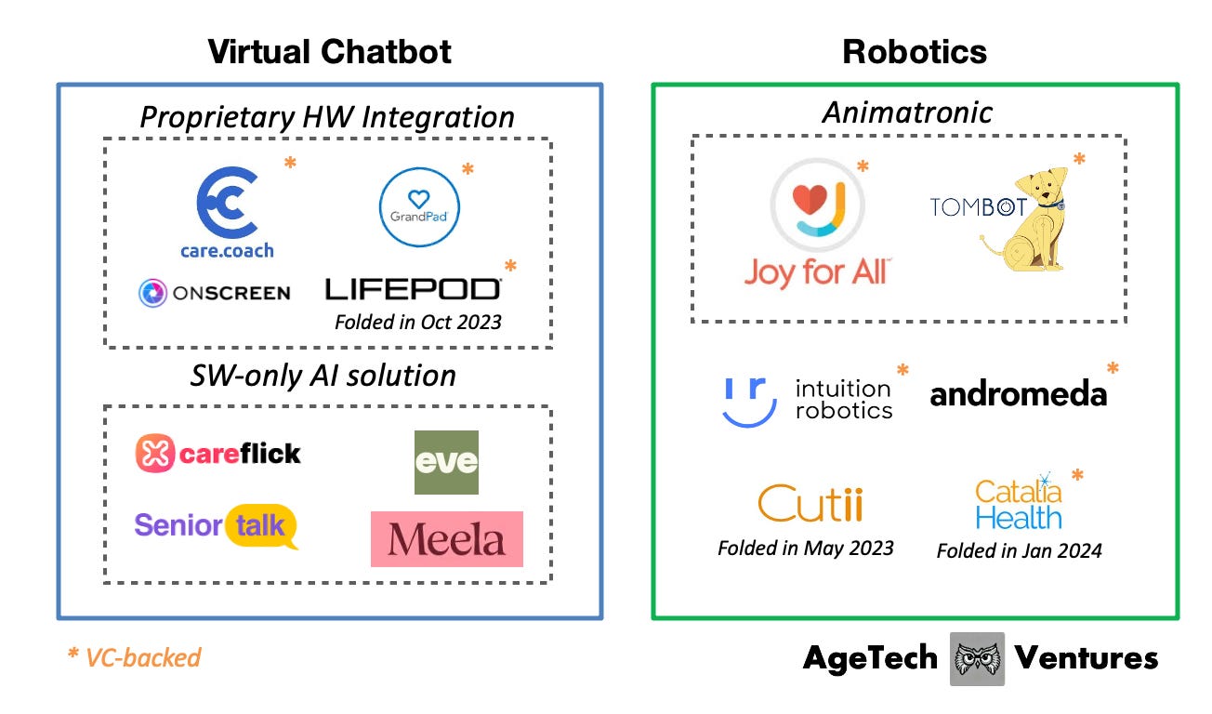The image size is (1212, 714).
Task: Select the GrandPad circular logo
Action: (x=419, y=206)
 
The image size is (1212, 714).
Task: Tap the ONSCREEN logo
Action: (x=214, y=293)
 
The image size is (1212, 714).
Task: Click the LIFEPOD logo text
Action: (x=413, y=289)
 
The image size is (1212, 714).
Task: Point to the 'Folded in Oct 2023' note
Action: (x=417, y=323)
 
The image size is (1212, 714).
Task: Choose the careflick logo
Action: (x=218, y=454)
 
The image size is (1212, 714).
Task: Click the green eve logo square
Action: (x=446, y=462)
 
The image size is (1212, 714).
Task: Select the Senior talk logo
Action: (x=217, y=526)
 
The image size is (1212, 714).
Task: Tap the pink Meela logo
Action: (x=446, y=539)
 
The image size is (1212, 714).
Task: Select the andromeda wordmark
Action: (x=1019, y=394)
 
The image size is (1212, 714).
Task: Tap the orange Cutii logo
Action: (x=810, y=503)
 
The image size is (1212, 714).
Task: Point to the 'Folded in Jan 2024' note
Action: (x=1019, y=550)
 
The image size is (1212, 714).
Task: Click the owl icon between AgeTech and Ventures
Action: (x=977, y=659)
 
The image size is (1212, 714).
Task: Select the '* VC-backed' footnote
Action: (x=134, y=658)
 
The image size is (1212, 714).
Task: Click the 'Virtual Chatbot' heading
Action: (x=329, y=51)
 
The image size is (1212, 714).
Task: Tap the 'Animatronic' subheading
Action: (x=907, y=112)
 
